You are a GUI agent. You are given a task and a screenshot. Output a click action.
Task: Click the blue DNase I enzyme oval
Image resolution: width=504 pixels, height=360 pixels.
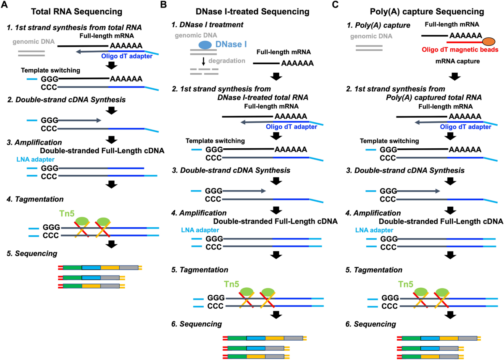tap(205, 45)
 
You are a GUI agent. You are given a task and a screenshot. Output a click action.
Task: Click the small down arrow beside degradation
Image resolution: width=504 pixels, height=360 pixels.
tap(203, 61)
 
